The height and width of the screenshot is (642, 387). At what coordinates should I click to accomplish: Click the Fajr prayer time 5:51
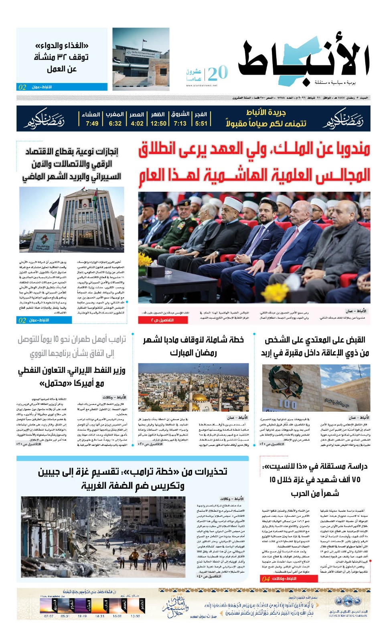[x=201, y=124]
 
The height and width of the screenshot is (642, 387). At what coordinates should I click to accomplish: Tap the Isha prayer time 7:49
[x=92, y=124]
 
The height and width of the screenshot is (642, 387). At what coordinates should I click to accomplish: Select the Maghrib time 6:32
[x=115, y=124]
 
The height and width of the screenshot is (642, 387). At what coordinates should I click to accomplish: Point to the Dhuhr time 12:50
[x=158, y=124]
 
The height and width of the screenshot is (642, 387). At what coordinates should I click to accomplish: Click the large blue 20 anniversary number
[x=218, y=73]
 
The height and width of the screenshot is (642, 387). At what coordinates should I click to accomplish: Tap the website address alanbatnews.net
[x=202, y=85]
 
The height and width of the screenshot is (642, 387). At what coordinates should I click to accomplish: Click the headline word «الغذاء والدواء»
[x=62, y=45]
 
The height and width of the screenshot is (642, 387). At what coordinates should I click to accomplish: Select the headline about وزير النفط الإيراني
[x=72, y=376]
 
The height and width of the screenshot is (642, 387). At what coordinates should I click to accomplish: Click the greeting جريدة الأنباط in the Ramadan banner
[x=266, y=112]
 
